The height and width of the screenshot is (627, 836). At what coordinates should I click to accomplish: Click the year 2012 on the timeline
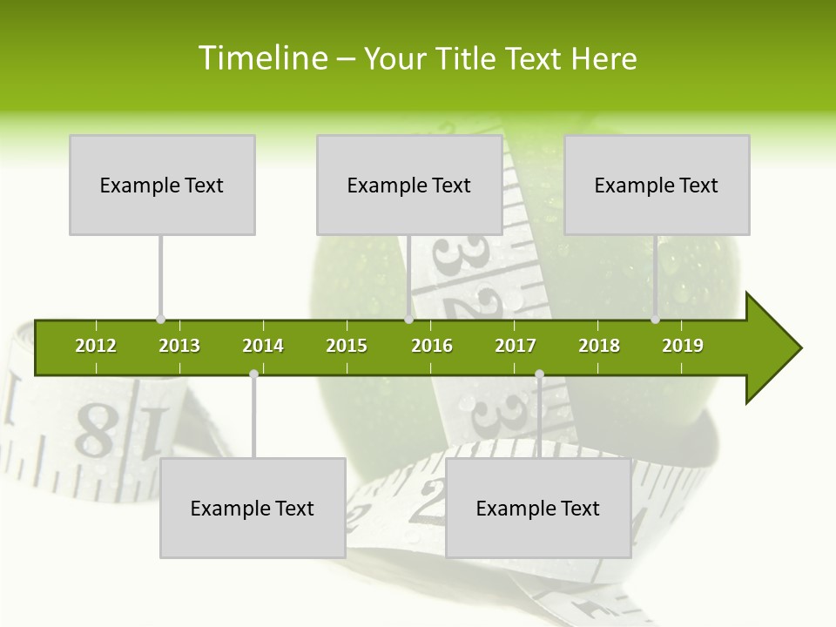click(x=96, y=346)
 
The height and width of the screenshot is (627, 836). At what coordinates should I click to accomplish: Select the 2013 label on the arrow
click(x=179, y=346)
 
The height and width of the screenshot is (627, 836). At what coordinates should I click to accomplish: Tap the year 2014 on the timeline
click(x=263, y=346)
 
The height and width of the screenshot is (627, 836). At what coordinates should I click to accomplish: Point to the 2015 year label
click(x=347, y=346)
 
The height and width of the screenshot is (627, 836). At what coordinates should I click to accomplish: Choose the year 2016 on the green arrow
click(x=432, y=346)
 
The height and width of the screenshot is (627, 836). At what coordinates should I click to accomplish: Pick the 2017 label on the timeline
click(x=516, y=346)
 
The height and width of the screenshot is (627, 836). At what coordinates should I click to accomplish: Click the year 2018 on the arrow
click(x=599, y=346)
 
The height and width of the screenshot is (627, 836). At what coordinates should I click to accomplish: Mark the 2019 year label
click(x=683, y=346)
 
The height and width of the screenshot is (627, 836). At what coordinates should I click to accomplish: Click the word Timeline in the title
click(x=261, y=58)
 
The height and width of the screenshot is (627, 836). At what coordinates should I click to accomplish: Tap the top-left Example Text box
click(x=162, y=185)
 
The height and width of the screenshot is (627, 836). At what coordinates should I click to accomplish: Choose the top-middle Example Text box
click(x=409, y=185)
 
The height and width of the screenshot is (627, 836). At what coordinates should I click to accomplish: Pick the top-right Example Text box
click(x=657, y=185)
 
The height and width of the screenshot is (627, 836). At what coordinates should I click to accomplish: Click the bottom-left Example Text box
click(x=253, y=508)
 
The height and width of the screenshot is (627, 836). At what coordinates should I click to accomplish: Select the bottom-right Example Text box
click(x=538, y=508)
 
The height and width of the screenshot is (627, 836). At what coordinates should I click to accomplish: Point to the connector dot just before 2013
click(x=160, y=320)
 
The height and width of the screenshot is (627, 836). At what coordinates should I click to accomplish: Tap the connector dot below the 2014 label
click(x=253, y=374)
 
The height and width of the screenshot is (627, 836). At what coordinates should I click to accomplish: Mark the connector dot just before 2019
click(x=655, y=320)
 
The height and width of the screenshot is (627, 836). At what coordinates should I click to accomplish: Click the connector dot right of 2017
click(x=539, y=374)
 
